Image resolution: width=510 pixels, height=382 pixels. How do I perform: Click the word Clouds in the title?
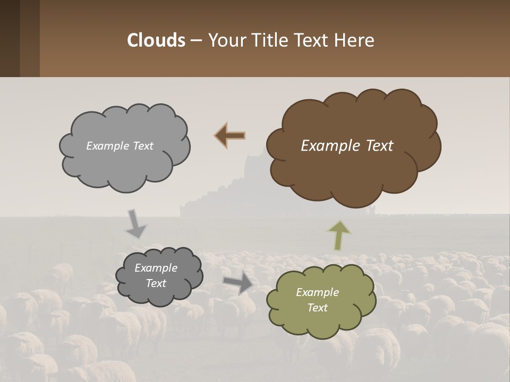click(156, 40)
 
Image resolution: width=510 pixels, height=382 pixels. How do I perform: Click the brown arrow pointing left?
click(230, 136)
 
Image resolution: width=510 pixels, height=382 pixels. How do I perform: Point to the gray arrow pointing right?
click(238, 283)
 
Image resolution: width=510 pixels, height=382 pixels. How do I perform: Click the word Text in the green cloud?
click(317, 308)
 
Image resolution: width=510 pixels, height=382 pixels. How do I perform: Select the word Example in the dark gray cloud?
click(156, 268)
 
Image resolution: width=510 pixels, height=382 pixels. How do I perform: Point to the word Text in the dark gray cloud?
click(156, 283)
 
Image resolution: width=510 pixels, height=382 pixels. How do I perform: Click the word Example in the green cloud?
click(317, 292)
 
